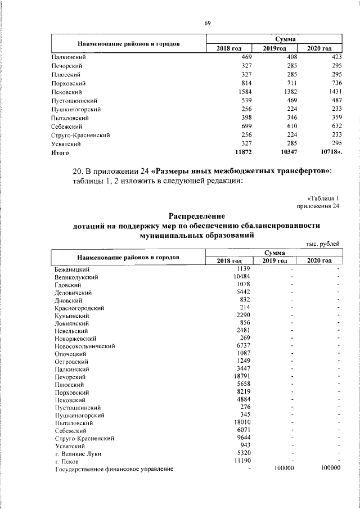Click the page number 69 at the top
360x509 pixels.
[x=208, y=22]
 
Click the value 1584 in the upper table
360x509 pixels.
[x=244, y=92]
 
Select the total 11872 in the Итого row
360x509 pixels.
[x=241, y=152]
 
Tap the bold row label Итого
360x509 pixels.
[x=59, y=152]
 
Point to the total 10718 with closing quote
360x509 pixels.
[x=330, y=152]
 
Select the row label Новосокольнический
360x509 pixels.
[x=84, y=346]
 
